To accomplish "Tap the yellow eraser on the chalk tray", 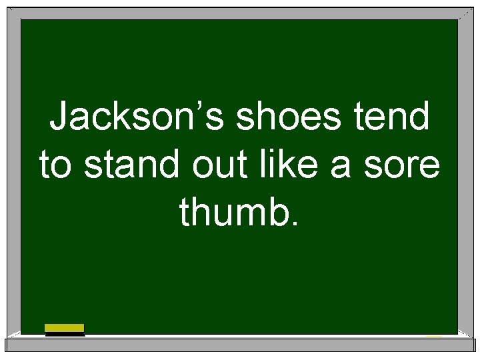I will click(x=65, y=329).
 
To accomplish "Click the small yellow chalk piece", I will click(x=434, y=335).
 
